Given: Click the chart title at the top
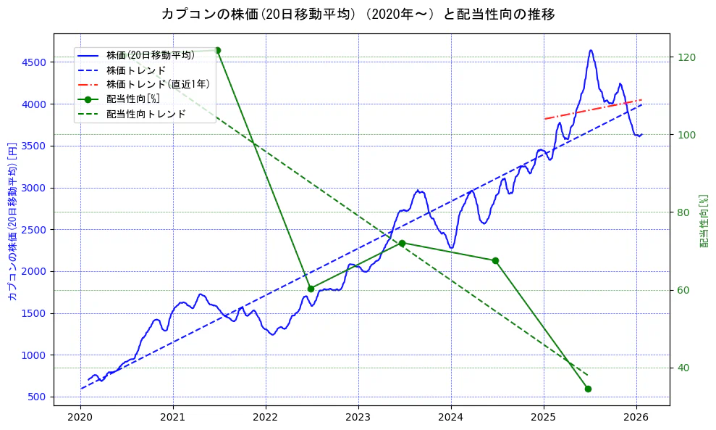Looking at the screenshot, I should pos(358,14).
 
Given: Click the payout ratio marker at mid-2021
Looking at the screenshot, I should pos(218,50).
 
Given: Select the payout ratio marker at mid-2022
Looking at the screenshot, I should pos(311,289).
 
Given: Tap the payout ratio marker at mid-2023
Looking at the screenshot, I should pos(402,243).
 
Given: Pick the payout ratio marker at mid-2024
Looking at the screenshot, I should pos(495,260).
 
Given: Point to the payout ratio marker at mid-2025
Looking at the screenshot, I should pos(588,389).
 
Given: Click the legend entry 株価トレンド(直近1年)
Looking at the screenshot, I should pos(158,84).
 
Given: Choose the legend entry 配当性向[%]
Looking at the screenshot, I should pos(133,99).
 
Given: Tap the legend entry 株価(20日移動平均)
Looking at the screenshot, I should pos(151,55).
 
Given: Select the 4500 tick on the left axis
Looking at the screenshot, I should pos(34,62).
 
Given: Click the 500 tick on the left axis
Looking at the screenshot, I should pos(37,397).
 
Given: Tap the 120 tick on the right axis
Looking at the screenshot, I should pos(683,57).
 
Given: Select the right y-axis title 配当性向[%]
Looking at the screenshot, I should pos(703,220).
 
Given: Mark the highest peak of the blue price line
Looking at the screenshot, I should pos(591,50).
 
